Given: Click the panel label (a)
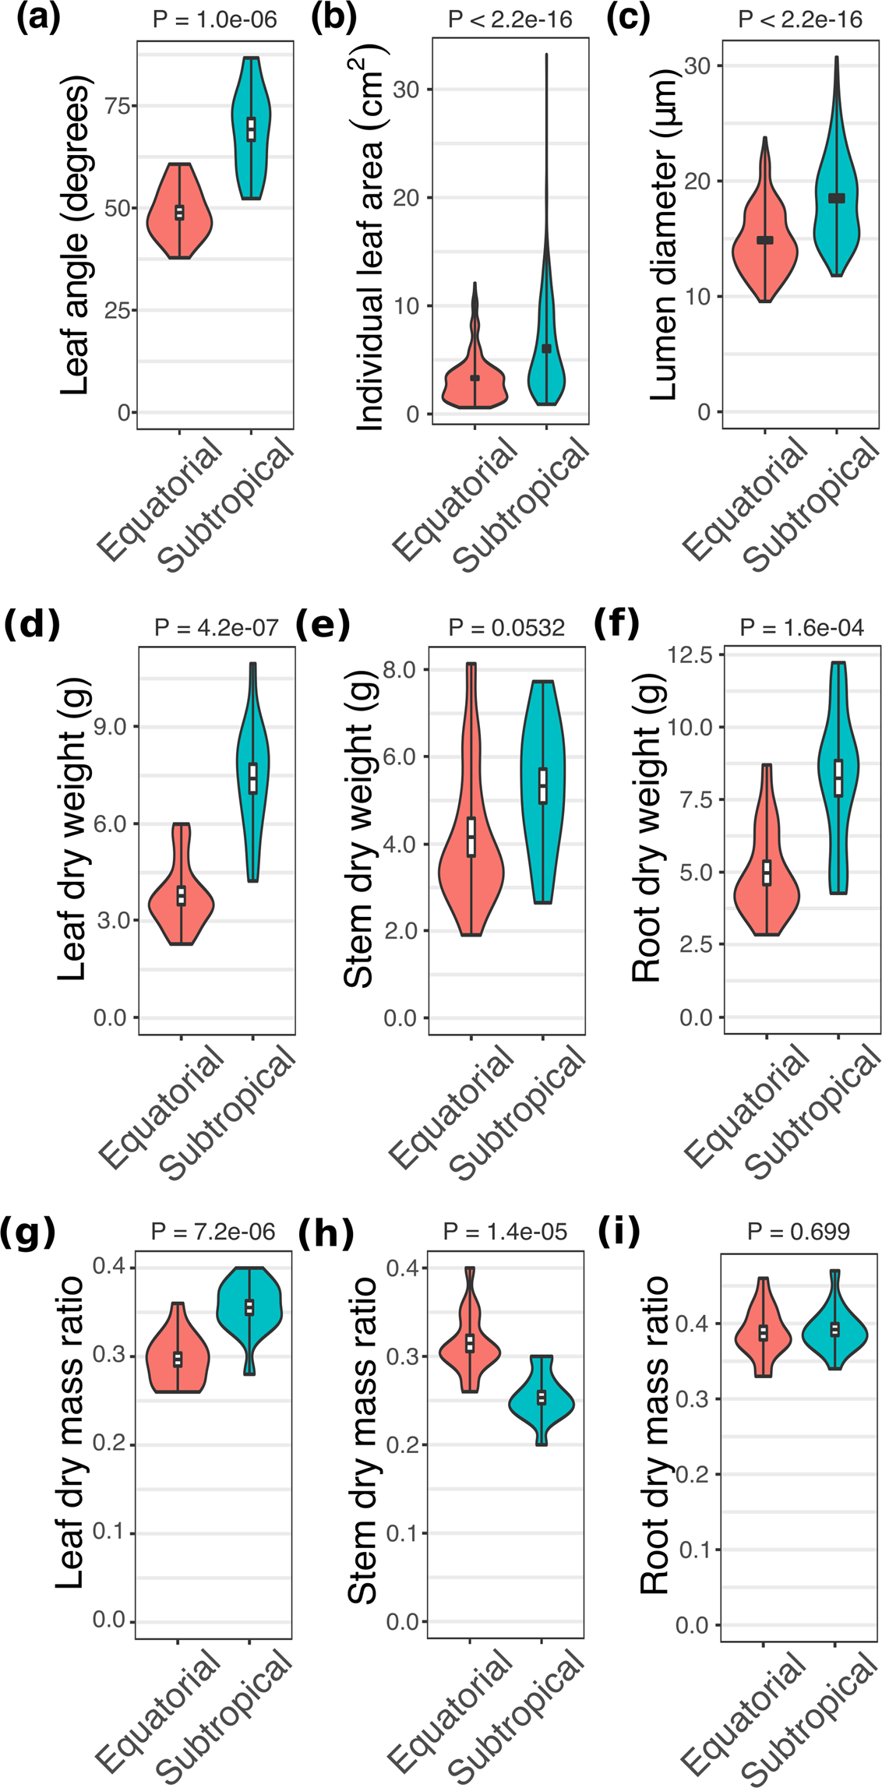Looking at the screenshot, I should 37,18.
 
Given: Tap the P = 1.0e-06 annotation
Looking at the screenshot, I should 215,19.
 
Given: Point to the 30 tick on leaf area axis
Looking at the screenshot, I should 407,89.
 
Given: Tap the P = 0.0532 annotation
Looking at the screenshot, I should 507,627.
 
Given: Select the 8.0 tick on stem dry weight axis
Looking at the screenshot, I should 400,669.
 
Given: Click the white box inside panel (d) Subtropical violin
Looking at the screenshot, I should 252,778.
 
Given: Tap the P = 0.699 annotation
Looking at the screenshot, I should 799,1231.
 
